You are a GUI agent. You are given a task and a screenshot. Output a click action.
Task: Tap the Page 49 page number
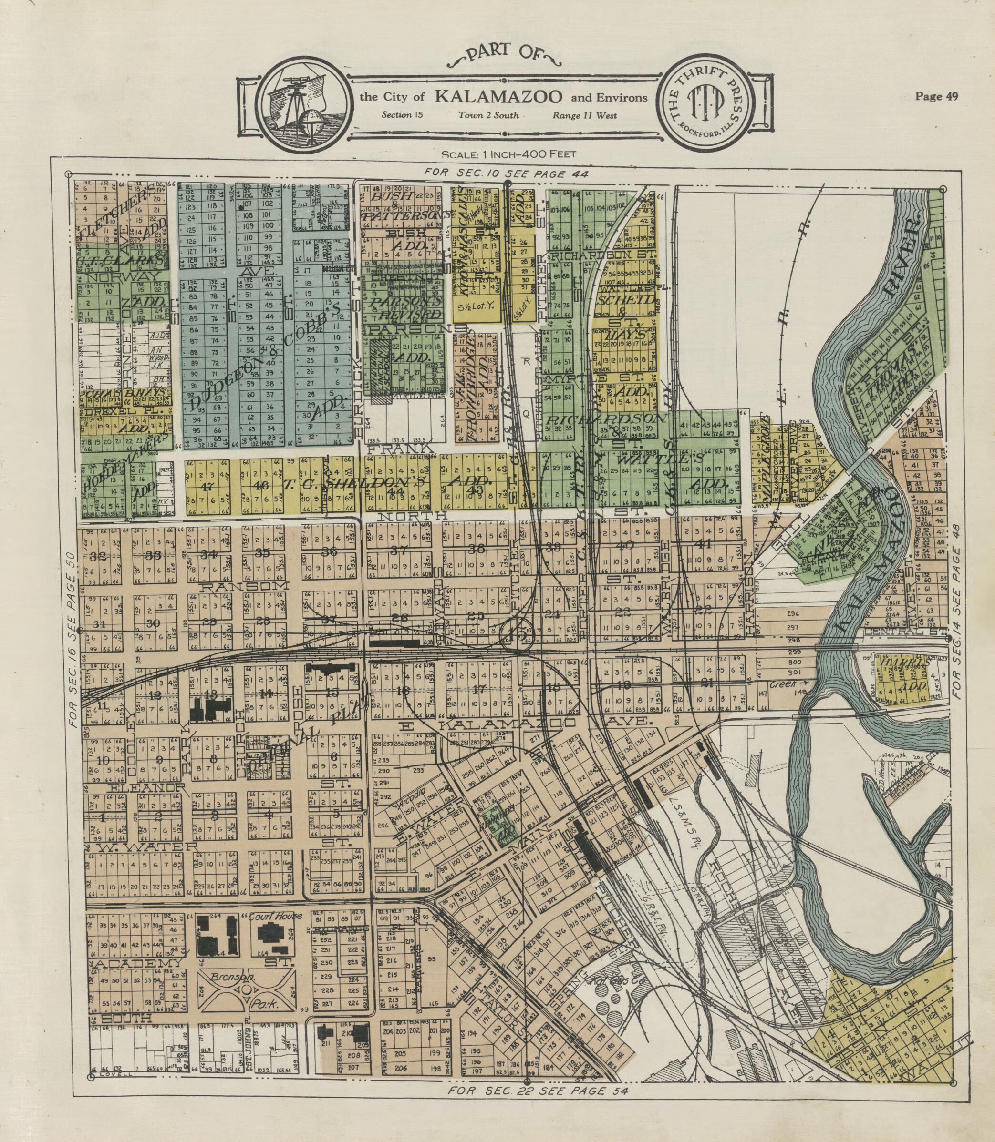point(936,96)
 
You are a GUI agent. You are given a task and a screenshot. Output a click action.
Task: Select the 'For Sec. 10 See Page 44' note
point(505,173)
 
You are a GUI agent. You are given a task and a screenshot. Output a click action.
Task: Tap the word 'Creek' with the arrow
point(783,684)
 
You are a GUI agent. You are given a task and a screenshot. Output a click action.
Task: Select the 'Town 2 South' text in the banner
point(488,115)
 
